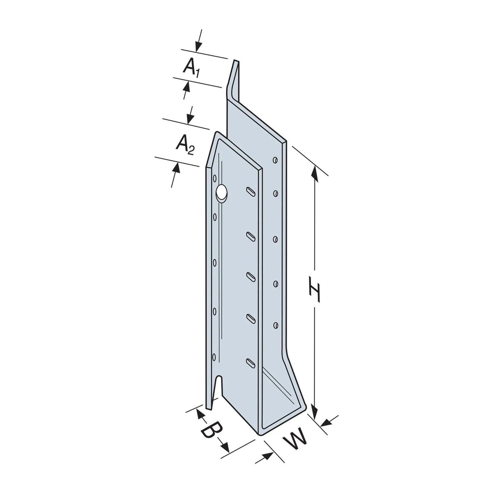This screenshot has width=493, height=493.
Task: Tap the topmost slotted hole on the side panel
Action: pos(251,191)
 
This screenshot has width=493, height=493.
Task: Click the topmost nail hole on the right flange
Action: pos(275,160)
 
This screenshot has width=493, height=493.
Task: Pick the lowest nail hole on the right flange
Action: pos(275,325)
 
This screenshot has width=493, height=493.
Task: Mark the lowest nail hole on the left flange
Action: pos(214,357)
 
